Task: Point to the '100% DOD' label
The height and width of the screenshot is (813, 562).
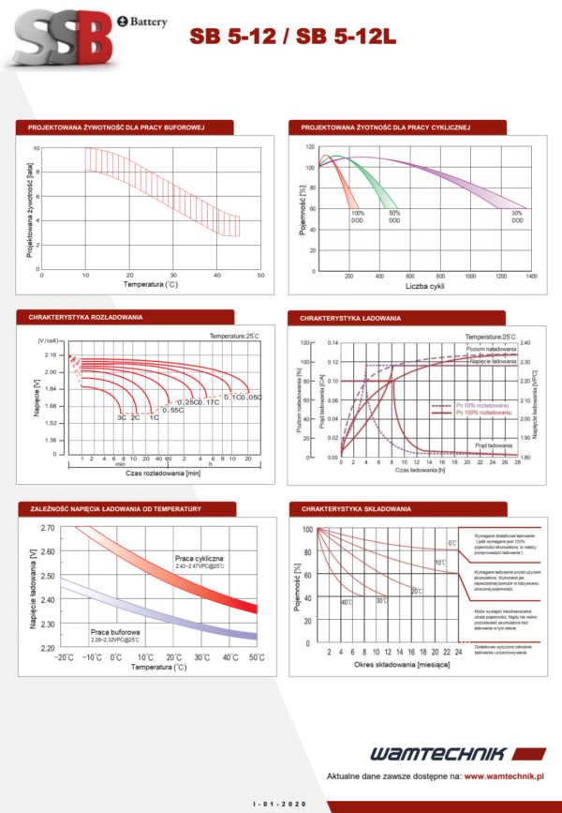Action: pyautogui.click(x=332, y=217)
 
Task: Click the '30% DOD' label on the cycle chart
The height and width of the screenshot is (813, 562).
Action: pyautogui.click(x=517, y=217)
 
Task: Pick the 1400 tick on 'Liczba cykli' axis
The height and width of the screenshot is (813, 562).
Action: pyautogui.click(x=531, y=277)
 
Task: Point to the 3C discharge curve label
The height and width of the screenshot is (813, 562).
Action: pyautogui.click(x=122, y=416)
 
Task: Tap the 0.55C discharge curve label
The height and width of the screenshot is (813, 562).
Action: pyautogui.click(x=174, y=410)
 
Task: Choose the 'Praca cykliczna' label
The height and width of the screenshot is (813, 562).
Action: pyautogui.click(x=197, y=559)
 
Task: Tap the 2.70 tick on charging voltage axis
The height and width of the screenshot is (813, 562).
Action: pyautogui.click(x=48, y=528)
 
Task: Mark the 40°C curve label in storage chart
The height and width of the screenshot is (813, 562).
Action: pyautogui.click(x=347, y=601)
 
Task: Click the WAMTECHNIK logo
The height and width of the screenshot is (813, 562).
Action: pyautogui.click(x=437, y=754)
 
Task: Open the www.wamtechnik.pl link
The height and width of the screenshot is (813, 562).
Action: pyautogui.click(x=506, y=776)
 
